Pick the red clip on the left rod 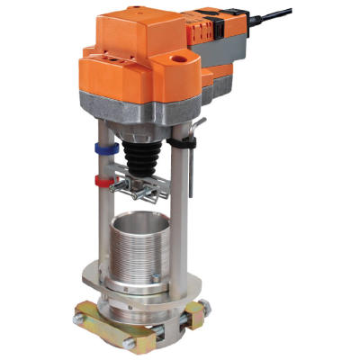coord(102,183)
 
